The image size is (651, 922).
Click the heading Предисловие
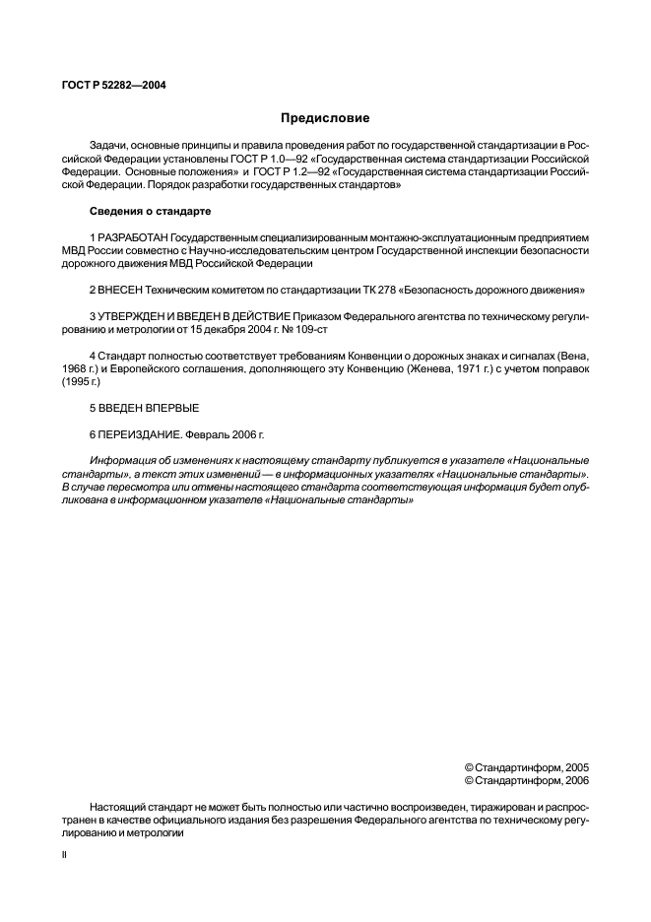pos(325,118)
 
